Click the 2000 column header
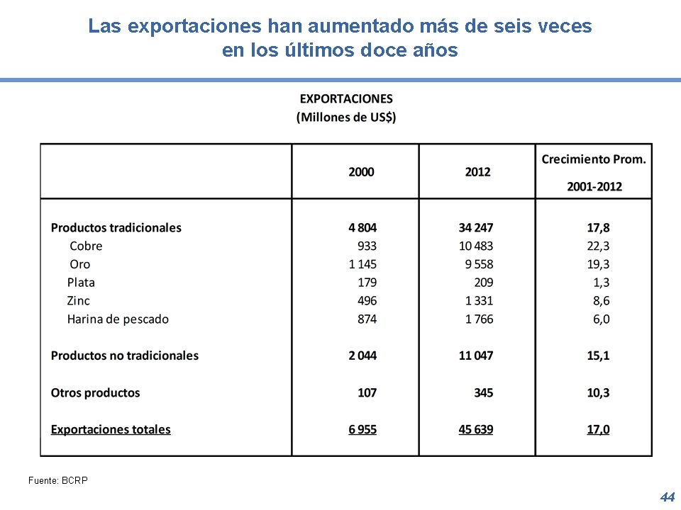pyautogui.click(x=361, y=171)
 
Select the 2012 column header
pyautogui.click(x=477, y=171)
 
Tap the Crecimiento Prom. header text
pyautogui.click(x=594, y=159)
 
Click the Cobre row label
pyautogui.click(x=86, y=246)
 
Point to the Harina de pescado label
pyautogui.click(x=118, y=319)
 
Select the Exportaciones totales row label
pyautogui.click(x=111, y=429)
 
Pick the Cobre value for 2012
pyautogui.click(x=476, y=246)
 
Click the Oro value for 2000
pyautogui.click(x=362, y=264)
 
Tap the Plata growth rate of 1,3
pyautogui.click(x=602, y=282)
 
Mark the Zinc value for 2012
pyautogui.click(x=479, y=300)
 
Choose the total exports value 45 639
pyautogui.click(x=476, y=429)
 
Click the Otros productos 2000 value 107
pyautogui.click(x=367, y=392)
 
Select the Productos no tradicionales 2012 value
pyautogui.click(x=476, y=356)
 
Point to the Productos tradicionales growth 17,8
pyautogui.click(x=598, y=227)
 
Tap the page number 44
pyautogui.click(x=667, y=497)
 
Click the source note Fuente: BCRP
pyautogui.click(x=58, y=480)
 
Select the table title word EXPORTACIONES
pyautogui.click(x=346, y=99)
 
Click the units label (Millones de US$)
pyautogui.click(x=346, y=117)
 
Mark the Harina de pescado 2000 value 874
pyautogui.click(x=367, y=319)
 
